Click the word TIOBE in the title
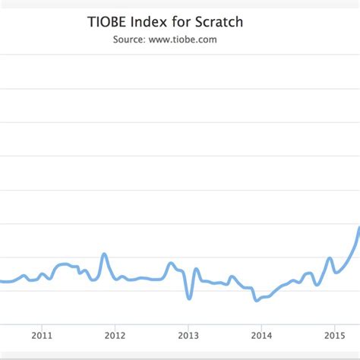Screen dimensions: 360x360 click(x=109, y=21)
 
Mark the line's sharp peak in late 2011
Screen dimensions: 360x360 click(x=104, y=254)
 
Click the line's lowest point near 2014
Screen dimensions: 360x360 click(x=257, y=300)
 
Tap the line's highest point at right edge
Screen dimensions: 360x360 click(x=358, y=227)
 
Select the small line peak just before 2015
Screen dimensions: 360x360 click(x=330, y=258)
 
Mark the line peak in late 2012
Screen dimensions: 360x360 click(x=172, y=263)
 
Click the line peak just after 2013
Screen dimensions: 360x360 click(x=196, y=269)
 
